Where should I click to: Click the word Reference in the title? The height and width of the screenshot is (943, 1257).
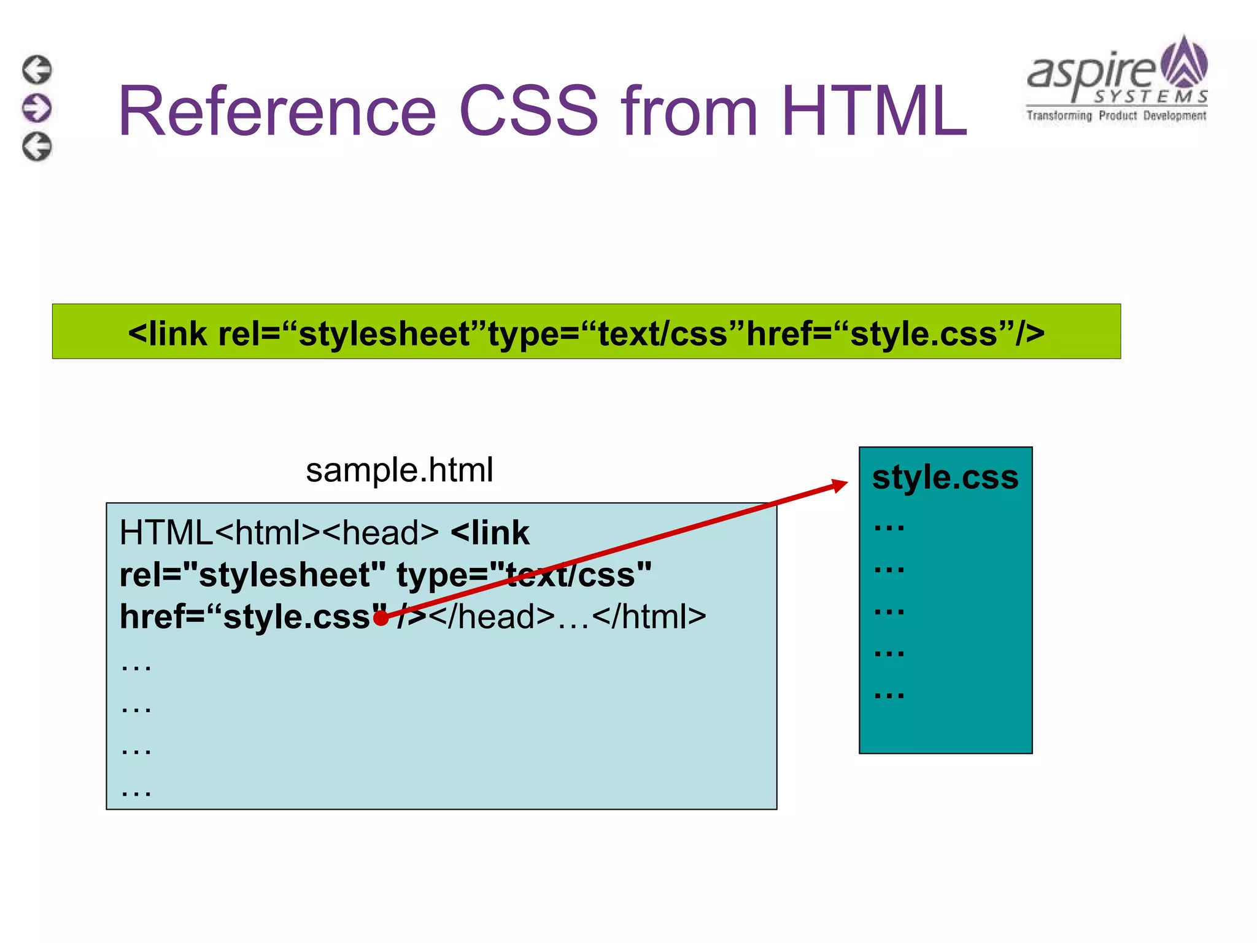point(276,111)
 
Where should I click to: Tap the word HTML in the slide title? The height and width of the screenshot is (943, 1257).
point(874,111)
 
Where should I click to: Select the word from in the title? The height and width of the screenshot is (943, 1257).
point(689,111)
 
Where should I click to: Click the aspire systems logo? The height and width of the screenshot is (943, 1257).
point(1117,80)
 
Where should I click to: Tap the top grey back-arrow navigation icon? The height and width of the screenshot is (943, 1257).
point(37,69)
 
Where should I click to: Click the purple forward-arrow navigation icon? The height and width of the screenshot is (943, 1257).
point(37,108)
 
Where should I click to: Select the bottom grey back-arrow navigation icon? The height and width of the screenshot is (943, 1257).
point(37,147)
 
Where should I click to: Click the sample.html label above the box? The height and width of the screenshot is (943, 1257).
point(399,470)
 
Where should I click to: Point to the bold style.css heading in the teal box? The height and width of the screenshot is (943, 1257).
point(945,477)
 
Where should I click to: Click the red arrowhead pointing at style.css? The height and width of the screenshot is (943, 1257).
point(839,486)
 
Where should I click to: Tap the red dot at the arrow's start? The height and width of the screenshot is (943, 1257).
point(381,618)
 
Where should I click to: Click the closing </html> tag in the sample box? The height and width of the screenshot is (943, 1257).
point(649,616)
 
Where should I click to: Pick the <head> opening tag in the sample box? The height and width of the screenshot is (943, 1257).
point(381,532)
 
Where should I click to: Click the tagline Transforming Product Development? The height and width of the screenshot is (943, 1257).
point(1116,115)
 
